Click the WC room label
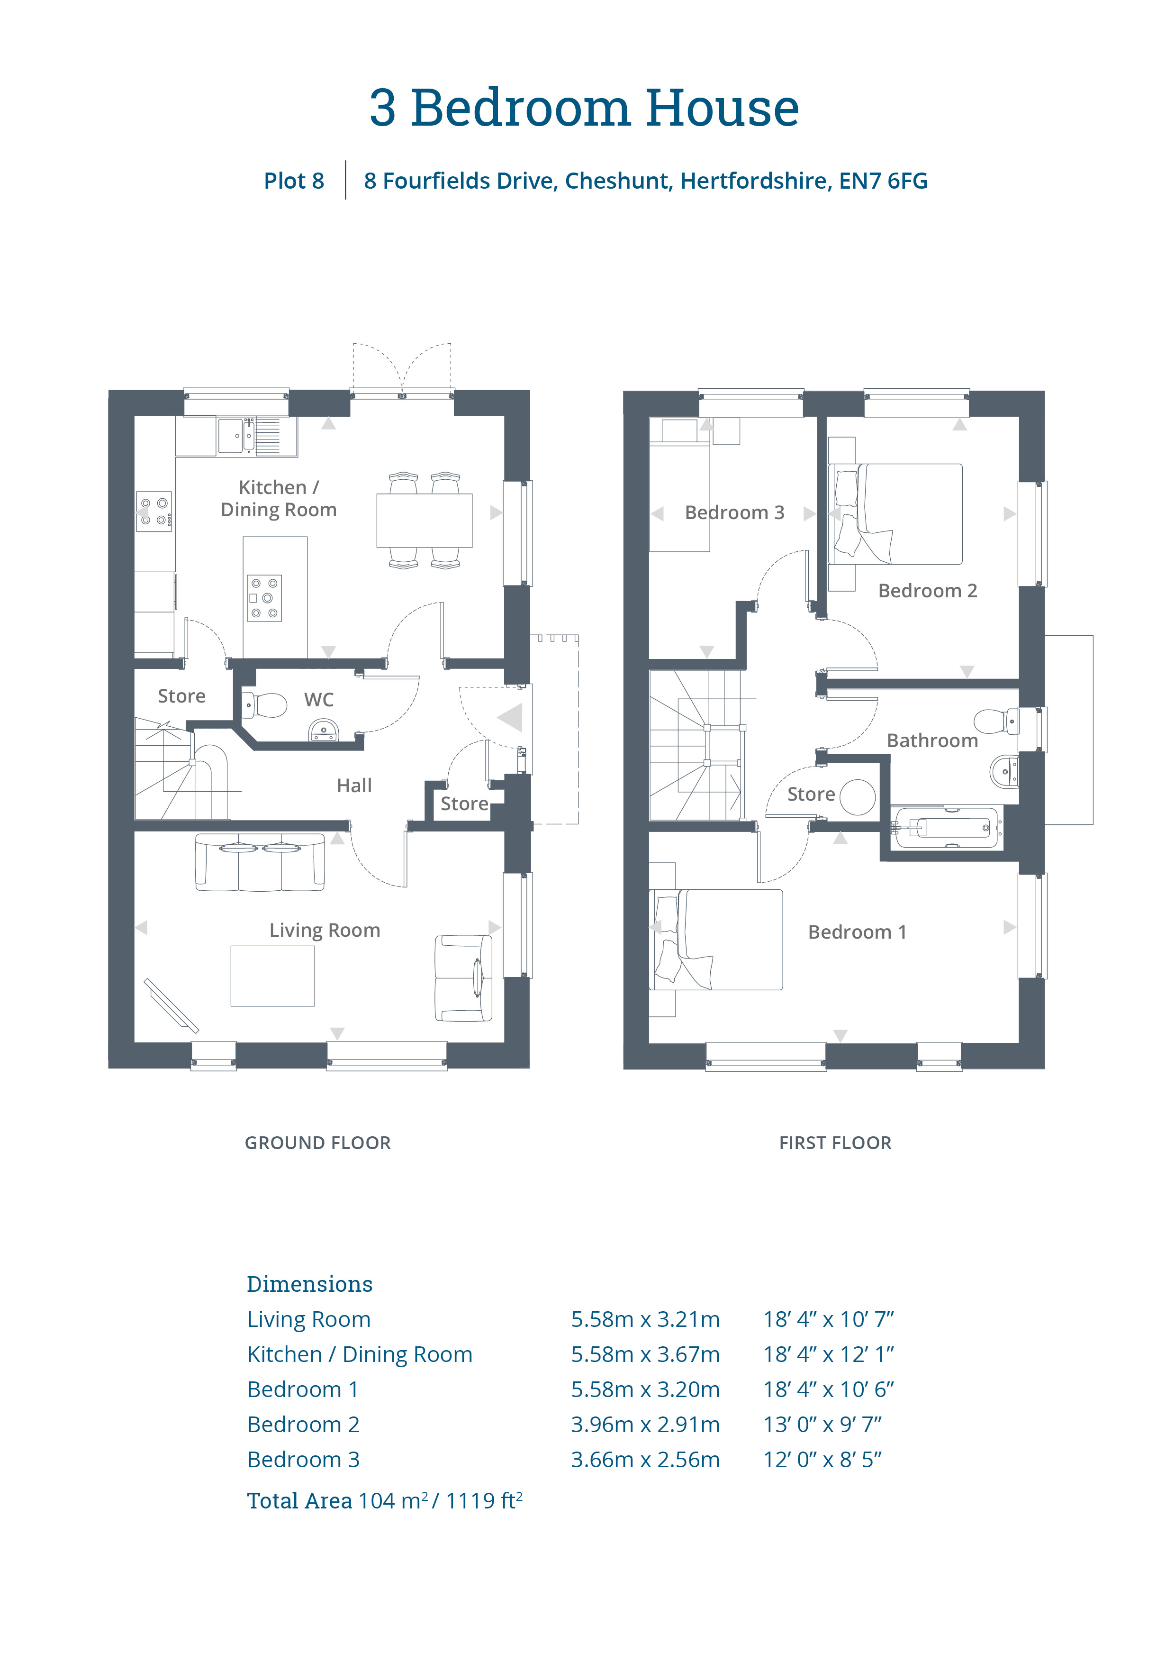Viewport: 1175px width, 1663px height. [x=318, y=700]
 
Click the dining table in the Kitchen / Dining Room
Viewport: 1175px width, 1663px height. [x=424, y=520]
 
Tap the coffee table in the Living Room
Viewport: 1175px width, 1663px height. [x=273, y=976]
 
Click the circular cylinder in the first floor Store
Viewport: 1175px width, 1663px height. [x=857, y=797]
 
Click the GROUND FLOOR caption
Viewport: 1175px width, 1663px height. [x=318, y=1143]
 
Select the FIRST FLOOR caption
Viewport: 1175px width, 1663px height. [x=835, y=1143]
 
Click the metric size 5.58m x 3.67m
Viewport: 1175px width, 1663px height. [x=645, y=1354]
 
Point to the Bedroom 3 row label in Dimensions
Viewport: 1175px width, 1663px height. [x=303, y=1460]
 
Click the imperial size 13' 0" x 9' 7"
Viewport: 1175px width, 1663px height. [x=822, y=1425]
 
